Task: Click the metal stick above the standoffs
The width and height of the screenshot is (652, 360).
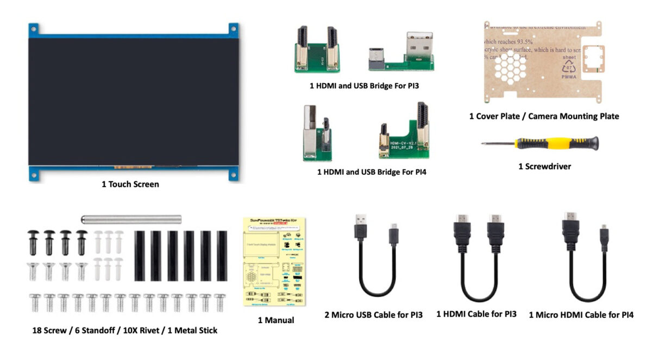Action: [131, 219]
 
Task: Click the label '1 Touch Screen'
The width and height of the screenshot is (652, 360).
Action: [130, 184]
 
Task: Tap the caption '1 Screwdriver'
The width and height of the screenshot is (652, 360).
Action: [544, 167]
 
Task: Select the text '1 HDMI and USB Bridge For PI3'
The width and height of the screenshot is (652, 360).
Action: [364, 85]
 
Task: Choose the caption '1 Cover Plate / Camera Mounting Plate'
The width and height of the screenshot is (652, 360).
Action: [544, 116]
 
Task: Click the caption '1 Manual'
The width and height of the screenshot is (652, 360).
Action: [275, 320]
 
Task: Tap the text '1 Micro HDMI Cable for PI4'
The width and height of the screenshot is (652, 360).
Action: [581, 314]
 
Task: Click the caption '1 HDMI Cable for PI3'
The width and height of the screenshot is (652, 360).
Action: [477, 314]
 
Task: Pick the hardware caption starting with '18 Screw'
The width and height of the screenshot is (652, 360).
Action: [124, 330]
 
